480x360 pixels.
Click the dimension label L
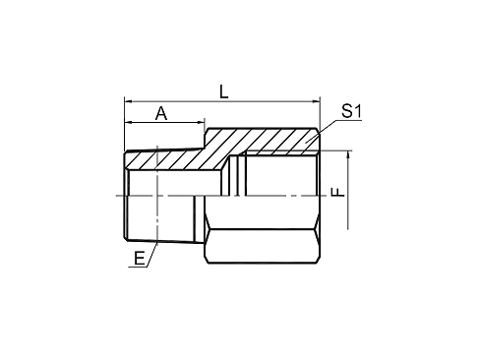224,91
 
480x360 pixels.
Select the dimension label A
161,113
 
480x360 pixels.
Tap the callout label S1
351,111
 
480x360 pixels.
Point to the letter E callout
140,259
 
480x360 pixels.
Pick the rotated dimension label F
338,192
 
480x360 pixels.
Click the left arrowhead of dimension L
128,101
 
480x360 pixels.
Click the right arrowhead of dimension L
316,101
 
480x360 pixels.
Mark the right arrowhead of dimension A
201,122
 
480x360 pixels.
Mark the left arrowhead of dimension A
128,122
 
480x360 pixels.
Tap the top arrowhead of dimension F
348,154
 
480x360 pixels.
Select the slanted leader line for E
152,255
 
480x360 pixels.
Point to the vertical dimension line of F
348,190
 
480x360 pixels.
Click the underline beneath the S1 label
349,120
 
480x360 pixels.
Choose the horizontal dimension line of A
164,122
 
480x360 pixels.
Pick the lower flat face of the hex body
263,246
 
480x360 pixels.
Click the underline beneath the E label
138,268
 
